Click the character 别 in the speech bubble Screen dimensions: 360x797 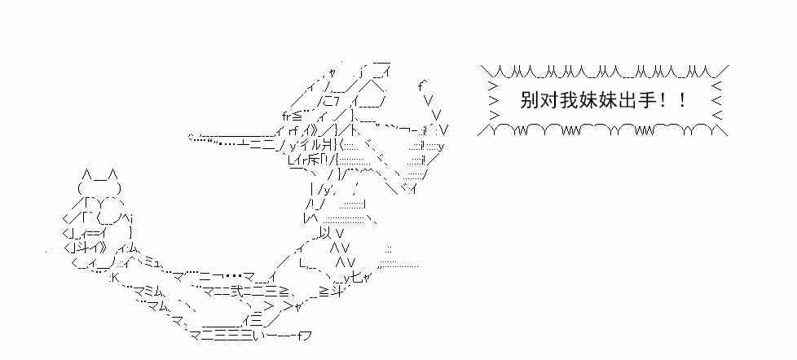[x=528, y=101]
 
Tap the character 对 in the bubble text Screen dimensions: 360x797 [x=548, y=101]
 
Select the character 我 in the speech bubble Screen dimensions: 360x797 [x=567, y=101]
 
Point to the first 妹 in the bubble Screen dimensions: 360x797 [x=587, y=101]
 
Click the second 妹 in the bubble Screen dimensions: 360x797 [x=606, y=101]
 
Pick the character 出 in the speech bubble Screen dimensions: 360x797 [x=626, y=101]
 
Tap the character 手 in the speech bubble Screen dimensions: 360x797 [x=645, y=101]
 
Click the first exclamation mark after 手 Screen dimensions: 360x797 [x=665, y=101]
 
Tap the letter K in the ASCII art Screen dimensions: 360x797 [x=113, y=277]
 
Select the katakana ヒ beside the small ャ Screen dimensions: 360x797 [x=355, y=277]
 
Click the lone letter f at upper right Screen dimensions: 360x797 [x=421, y=85]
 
